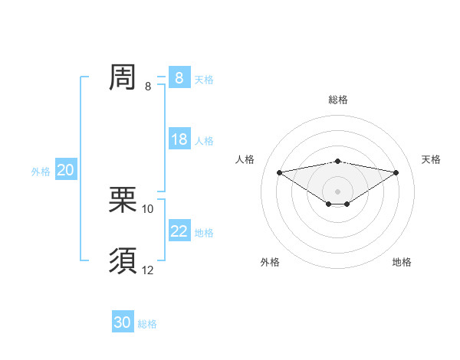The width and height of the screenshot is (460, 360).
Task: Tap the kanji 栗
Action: (123, 200)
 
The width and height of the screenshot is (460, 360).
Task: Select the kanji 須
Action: (123, 261)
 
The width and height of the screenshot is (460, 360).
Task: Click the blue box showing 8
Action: (179, 78)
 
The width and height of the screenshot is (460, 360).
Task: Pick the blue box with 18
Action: (179, 139)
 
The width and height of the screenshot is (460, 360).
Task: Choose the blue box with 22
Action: (179, 231)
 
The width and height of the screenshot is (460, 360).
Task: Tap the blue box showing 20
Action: (65, 170)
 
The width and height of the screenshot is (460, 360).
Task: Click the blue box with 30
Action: (123, 323)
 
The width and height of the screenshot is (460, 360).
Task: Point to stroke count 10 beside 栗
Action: (148, 209)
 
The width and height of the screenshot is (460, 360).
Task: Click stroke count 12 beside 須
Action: (148, 270)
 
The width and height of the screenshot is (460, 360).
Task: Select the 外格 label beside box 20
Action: (41, 172)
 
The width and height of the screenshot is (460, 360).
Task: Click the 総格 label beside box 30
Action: (147, 325)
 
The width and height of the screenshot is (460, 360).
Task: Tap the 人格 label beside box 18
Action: (204, 141)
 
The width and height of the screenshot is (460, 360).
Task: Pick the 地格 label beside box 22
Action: (204, 233)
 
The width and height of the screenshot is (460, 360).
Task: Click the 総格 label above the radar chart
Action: (337, 100)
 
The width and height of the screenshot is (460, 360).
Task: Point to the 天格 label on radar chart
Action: (432, 159)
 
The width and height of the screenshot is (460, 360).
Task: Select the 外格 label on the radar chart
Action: (270, 262)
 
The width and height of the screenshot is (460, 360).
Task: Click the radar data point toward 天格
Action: (396, 172)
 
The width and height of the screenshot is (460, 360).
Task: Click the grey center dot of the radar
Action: (337, 191)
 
